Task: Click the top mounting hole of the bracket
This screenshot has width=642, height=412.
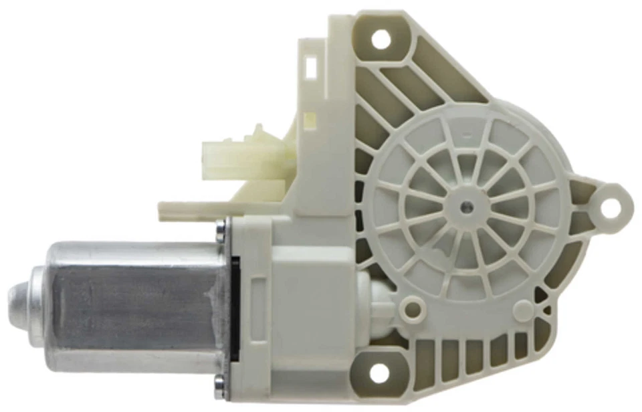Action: (x=380, y=39)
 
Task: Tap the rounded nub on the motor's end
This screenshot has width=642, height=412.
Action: (x=17, y=298)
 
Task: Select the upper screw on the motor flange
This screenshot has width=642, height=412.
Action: (x=221, y=232)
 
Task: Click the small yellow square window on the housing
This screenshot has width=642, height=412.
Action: (x=310, y=121)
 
